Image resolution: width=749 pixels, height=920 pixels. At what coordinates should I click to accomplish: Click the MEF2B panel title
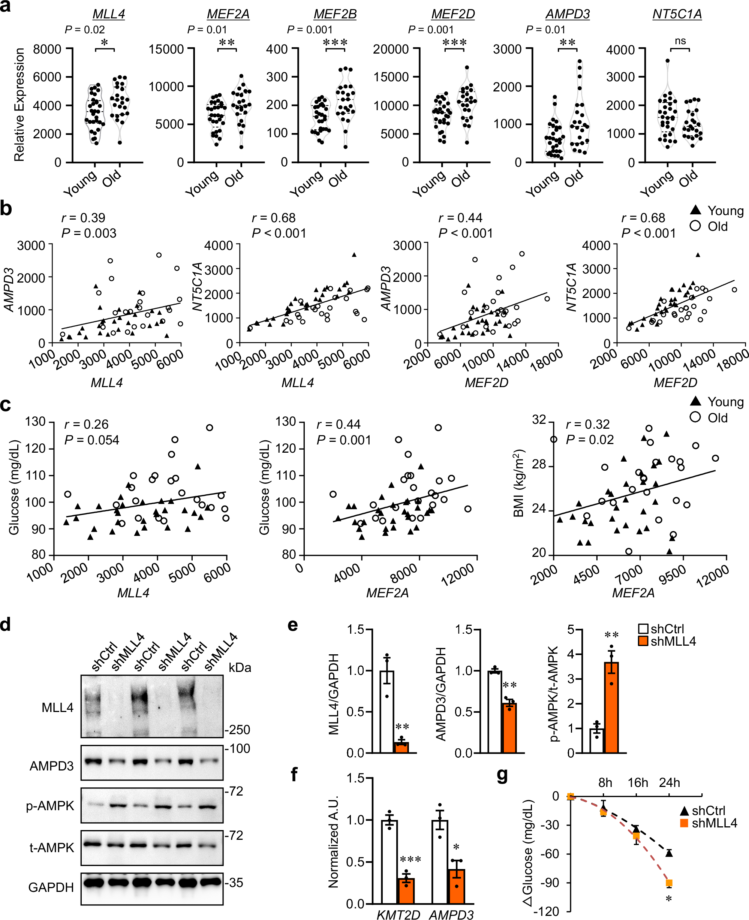point(335,14)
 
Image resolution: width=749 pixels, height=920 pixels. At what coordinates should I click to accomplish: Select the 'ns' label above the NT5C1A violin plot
point(680,41)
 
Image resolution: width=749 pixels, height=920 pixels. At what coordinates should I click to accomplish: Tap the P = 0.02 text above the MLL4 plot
point(85,30)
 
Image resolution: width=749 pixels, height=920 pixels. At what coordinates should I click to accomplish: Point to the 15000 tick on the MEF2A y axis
point(166,49)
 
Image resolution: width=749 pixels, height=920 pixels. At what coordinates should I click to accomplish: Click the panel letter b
point(6,209)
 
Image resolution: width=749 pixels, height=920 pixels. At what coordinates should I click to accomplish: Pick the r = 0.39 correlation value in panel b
point(83,218)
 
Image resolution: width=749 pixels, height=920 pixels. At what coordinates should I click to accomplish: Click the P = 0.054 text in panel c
point(91,440)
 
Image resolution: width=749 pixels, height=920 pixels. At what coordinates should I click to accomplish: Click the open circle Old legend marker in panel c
point(695,417)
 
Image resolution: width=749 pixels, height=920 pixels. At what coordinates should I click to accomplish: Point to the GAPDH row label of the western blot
point(51,887)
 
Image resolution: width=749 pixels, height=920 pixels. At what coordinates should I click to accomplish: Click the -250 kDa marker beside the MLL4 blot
point(237,730)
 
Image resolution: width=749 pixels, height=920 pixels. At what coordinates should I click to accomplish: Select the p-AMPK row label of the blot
point(50,806)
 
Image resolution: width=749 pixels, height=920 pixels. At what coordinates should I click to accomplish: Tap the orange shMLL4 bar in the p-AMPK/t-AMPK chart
point(611,708)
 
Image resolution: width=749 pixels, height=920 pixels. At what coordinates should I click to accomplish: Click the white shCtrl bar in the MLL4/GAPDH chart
point(386,712)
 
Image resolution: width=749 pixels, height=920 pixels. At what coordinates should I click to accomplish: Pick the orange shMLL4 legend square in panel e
point(643,641)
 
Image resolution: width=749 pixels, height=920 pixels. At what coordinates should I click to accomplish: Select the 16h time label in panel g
point(638,782)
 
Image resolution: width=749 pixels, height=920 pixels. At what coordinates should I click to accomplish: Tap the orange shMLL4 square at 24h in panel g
point(669,883)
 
